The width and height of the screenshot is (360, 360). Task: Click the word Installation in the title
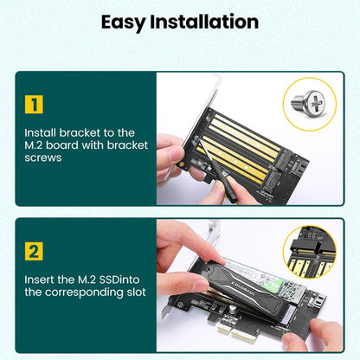[208, 22]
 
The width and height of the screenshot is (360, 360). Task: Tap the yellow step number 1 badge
[34, 105]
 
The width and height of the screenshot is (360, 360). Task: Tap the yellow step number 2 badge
[34, 252]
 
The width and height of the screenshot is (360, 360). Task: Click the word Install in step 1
[41, 132]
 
